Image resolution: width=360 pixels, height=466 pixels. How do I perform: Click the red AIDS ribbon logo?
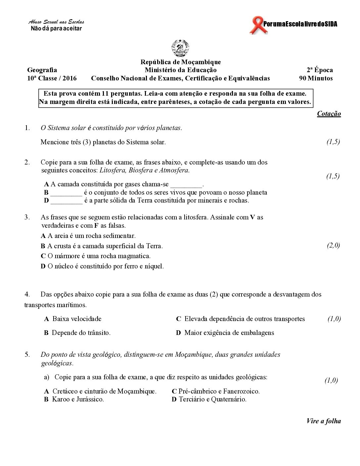255,25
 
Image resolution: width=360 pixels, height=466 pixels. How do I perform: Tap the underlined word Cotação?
329,114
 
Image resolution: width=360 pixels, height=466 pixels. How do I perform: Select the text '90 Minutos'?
315,78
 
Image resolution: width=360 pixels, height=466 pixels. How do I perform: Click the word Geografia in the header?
42,70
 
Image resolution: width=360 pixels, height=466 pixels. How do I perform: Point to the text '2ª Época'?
319,70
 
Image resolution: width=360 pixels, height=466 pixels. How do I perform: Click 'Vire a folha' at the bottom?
323,421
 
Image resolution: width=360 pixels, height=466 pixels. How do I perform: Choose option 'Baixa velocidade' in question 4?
77,319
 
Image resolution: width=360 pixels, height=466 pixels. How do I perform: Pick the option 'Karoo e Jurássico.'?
78,399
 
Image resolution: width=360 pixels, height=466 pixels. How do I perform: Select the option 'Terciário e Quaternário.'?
212,399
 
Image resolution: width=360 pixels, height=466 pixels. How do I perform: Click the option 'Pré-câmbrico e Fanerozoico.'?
219,391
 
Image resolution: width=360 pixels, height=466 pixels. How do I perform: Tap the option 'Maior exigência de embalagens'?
229,333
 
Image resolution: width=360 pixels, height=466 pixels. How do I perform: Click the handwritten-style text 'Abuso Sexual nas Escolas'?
56,22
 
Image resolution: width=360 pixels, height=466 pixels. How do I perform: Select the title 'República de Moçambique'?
180,62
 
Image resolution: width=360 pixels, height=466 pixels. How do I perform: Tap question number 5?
27,355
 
